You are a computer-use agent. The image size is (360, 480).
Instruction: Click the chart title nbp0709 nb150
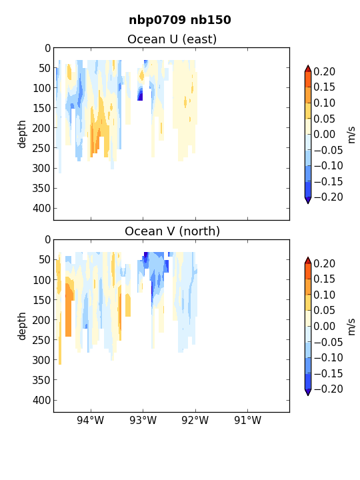[x=180, y=20]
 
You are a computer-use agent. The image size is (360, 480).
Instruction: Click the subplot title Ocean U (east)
[x=172, y=39]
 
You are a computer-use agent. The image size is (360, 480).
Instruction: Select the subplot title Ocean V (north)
[x=173, y=231]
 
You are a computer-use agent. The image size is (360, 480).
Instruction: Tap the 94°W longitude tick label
[x=91, y=420]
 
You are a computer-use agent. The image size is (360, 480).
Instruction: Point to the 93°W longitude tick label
[x=143, y=420]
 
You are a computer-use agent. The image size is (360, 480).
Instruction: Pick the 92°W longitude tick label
[x=195, y=420]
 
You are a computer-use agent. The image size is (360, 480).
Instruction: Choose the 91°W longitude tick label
[x=247, y=420]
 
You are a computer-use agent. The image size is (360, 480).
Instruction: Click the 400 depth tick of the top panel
[x=41, y=209]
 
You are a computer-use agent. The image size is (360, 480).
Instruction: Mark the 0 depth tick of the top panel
[x=47, y=49]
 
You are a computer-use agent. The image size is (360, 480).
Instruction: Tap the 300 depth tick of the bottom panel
[x=41, y=360]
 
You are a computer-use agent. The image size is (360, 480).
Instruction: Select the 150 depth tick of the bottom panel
[x=41, y=300]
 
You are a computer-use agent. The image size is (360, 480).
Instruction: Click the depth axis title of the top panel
[x=22, y=134]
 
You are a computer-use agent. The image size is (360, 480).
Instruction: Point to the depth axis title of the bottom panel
[x=22, y=326]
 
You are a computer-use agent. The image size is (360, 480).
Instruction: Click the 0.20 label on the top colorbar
[x=325, y=72]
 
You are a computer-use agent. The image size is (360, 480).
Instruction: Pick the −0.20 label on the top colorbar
[x=329, y=197]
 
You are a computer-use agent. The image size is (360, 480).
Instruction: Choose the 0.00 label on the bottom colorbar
[x=325, y=326]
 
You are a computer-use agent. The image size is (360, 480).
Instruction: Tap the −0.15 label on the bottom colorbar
[x=329, y=373]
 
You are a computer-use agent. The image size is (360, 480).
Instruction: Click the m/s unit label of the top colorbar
[x=351, y=135]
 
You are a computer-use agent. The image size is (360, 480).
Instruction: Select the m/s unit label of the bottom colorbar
[x=351, y=327]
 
